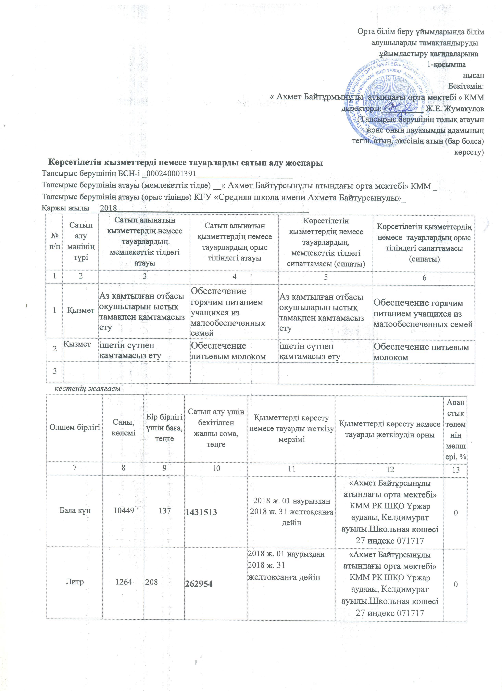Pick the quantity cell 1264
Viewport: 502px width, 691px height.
click(x=124, y=582)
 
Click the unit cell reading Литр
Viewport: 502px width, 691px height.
click(x=75, y=582)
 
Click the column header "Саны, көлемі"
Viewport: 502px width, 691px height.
click(x=124, y=427)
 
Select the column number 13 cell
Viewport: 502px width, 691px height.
click(x=456, y=470)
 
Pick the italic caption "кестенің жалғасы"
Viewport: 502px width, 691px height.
click(x=87, y=389)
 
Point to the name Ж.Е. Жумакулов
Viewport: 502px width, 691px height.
click(x=455, y=108)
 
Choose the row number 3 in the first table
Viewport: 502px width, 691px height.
click(x=55, y=371)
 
